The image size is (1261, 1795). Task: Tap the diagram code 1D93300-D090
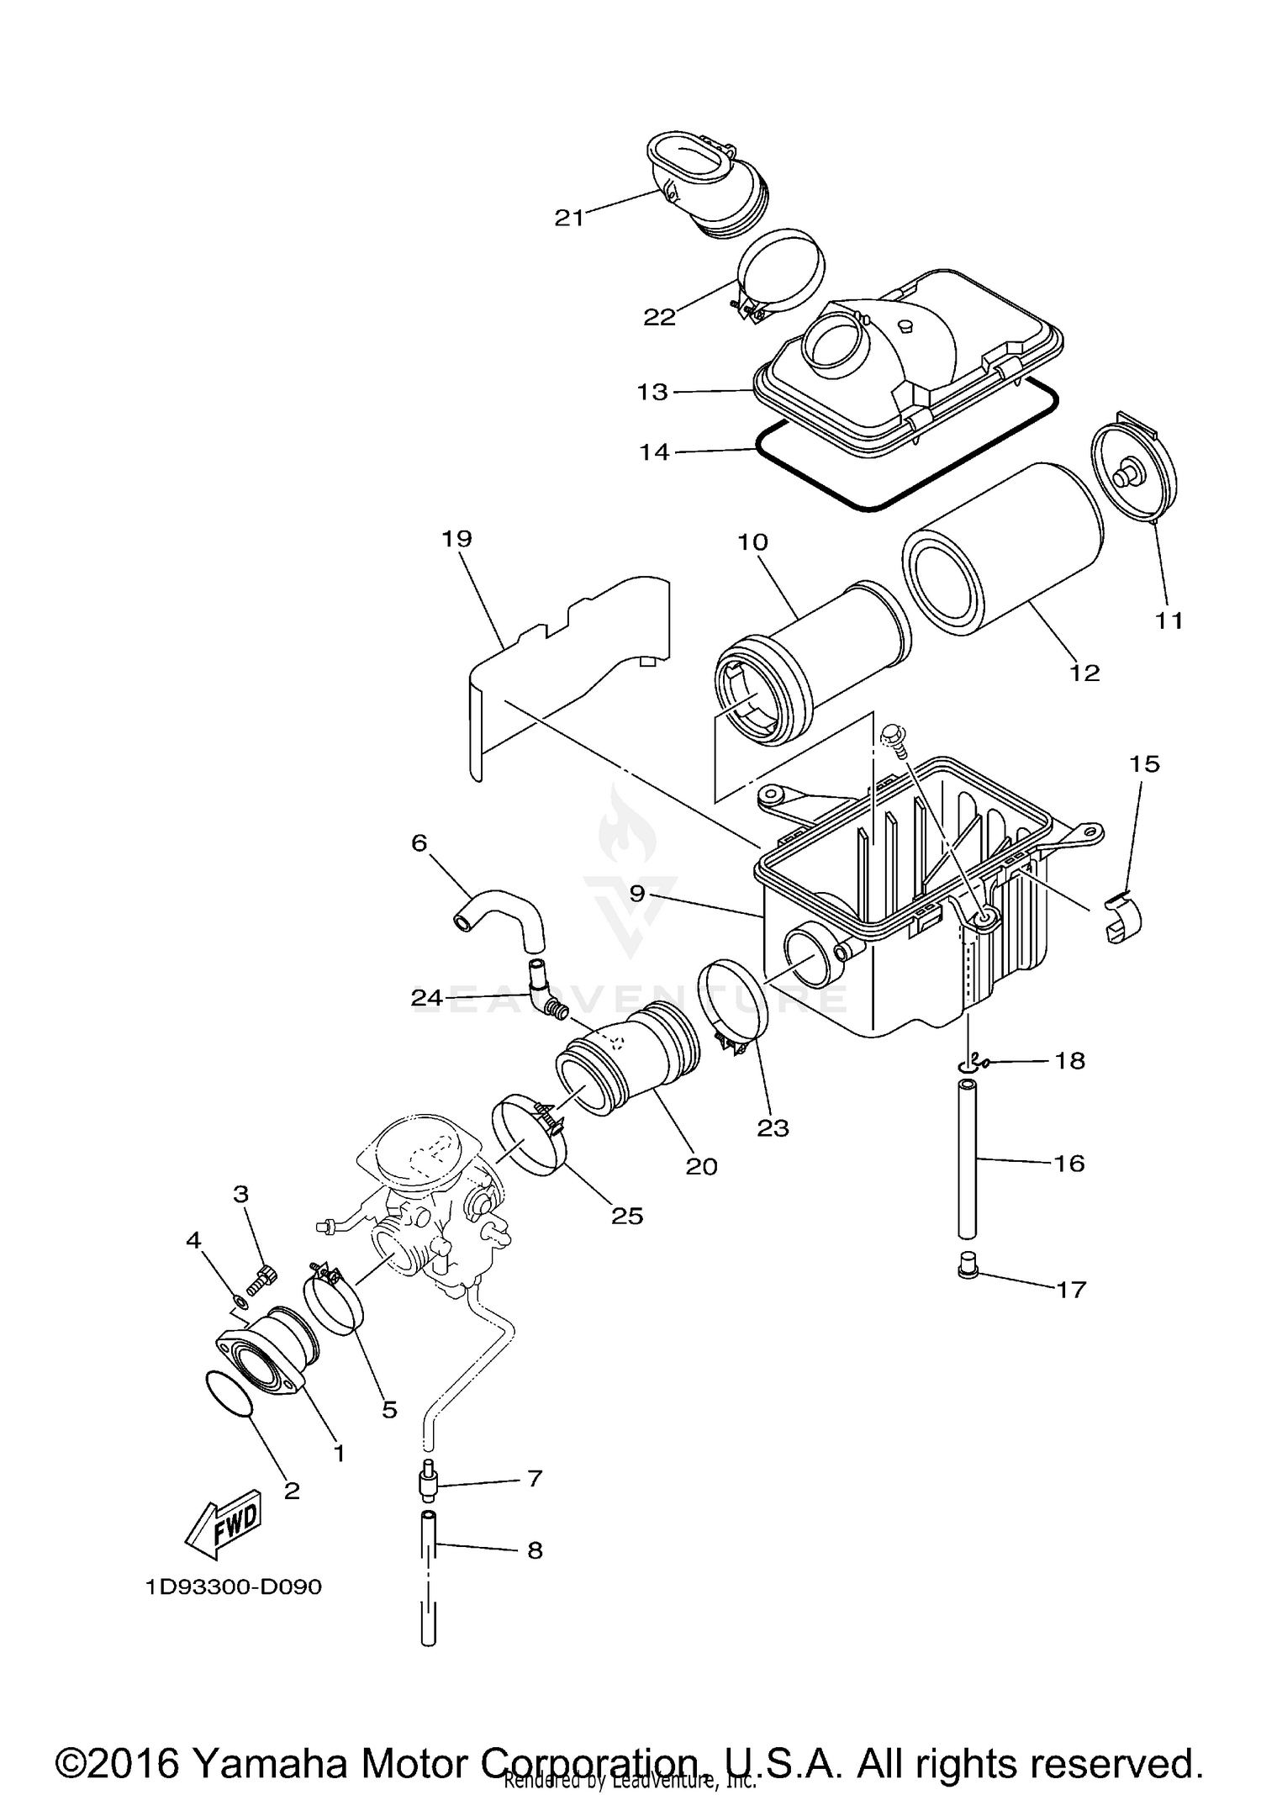click(233, 1587)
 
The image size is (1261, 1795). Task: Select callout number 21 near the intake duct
click(569, 218)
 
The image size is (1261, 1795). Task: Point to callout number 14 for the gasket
click(654, 452)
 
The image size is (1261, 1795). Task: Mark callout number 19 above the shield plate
click(456, 539)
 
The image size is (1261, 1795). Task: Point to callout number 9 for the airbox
click(636, 894)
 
